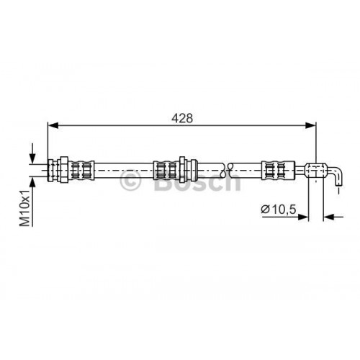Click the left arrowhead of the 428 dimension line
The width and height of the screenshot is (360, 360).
pos(53,125)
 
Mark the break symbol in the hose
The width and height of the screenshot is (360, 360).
pos(228,170)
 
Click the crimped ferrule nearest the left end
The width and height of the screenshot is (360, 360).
pos(86,170)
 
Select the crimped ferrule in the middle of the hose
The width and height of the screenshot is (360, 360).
pos(168,170)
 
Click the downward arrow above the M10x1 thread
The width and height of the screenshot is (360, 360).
pos(31,153)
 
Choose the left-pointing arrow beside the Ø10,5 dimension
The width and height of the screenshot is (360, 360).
pos(328,214)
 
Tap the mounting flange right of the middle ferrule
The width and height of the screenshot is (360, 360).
pos(184,170)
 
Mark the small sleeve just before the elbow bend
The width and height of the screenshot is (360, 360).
pos(314,169)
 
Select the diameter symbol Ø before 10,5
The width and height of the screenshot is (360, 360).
pos(264,209)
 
